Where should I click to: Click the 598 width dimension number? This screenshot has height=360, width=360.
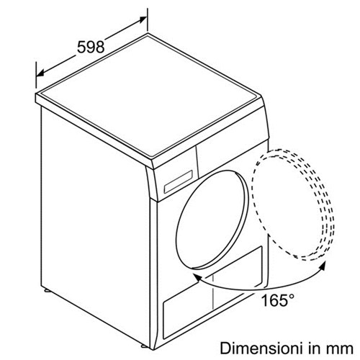coord(91,47)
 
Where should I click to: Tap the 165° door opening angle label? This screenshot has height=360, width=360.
coord(277,300)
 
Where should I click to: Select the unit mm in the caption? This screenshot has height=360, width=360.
coord(342,350)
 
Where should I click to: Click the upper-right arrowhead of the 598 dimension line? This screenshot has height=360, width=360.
coord(143,19)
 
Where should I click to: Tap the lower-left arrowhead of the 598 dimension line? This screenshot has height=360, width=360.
coord(40,73)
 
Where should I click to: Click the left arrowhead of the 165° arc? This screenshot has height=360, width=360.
coord(198,278)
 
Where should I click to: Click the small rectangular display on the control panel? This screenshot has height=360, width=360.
coord(178,181)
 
